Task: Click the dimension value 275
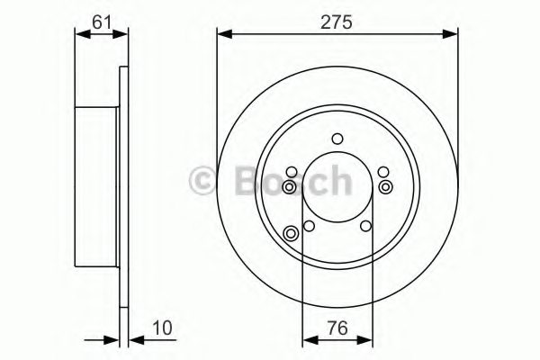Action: pos(337,22)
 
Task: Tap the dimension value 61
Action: pos(102,22)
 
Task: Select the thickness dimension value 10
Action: pos(162,328)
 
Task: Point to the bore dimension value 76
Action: pos(337,328)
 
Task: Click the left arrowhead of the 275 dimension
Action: pos(224,34)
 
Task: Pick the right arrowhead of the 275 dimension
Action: pos(451,34)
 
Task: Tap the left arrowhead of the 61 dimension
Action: pos(83,34)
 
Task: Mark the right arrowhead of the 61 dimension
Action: pos(121,34)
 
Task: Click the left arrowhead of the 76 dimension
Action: pos(310,340)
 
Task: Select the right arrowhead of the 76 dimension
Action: pos(365,340)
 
